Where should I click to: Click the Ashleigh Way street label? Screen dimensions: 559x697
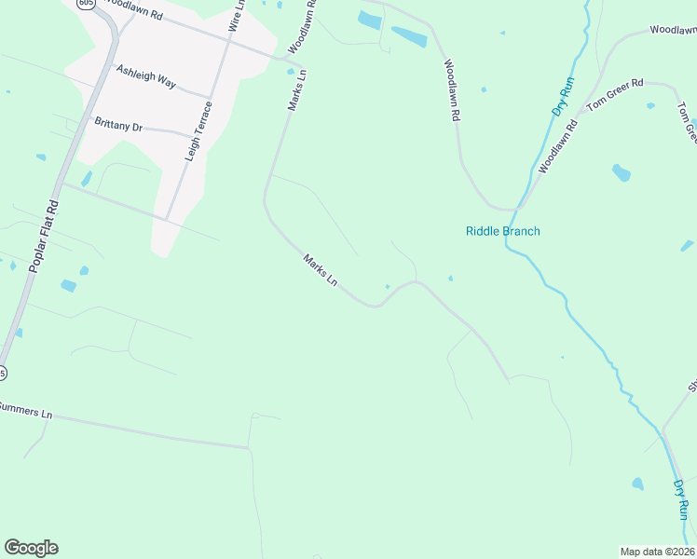tap(146, 76)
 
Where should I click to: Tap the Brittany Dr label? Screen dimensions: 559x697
tap(117, 124)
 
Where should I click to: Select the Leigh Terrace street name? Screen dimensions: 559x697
tap(199, 131)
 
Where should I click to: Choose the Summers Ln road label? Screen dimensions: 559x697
tap(24, 409)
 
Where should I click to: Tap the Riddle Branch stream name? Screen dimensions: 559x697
tap(502, 231)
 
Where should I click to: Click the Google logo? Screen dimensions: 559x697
tap(31, 548)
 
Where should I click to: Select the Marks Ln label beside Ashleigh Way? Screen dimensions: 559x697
tap(297, 90)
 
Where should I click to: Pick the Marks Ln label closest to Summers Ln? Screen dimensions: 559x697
tap(320, 271)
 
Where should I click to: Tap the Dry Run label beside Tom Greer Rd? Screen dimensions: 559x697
tap(562, 98)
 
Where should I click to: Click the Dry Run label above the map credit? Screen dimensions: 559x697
tap(681, 500)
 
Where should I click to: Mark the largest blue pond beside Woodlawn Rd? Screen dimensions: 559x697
tap(409, 37)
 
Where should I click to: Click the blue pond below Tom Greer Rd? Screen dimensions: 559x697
tap(622, 172)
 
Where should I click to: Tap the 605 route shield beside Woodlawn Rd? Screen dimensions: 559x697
tap(86, 4)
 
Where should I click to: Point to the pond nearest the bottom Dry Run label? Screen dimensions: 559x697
tap(637, 484)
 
